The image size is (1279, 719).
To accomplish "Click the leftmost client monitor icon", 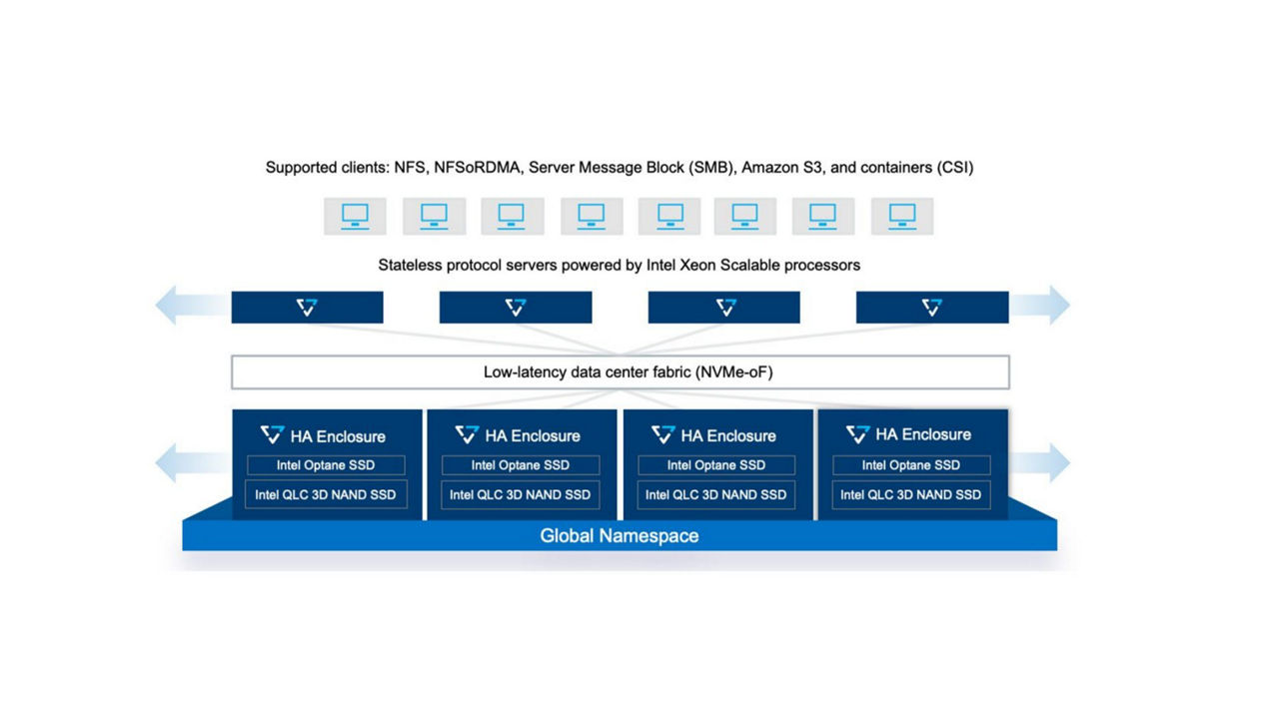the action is pos(355,217).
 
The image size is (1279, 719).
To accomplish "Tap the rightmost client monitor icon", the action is pos(902,217).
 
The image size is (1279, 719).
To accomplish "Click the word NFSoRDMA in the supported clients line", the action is pos(477,167).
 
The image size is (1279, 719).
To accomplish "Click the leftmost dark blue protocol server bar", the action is pos(307,308).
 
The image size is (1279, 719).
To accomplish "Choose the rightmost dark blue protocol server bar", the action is pos(932,308).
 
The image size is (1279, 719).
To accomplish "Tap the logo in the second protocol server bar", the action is pos(516,308).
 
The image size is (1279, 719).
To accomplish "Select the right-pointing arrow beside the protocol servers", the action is pos(1039,306).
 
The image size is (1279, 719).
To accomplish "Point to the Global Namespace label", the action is pos(620,536).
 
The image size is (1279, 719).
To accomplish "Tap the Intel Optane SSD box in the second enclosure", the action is pos(521,465).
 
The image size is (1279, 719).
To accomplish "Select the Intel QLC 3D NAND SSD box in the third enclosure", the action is pos(716,494).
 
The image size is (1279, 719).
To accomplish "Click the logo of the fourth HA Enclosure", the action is pos(857,434).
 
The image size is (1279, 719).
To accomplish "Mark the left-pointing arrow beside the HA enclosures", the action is pos(193,462).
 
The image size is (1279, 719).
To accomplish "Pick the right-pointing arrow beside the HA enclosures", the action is pos(1039,462).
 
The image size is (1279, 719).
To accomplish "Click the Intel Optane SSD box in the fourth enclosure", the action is pos(911,465).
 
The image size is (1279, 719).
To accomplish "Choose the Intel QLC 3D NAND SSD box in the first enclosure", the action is pos(326,494).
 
